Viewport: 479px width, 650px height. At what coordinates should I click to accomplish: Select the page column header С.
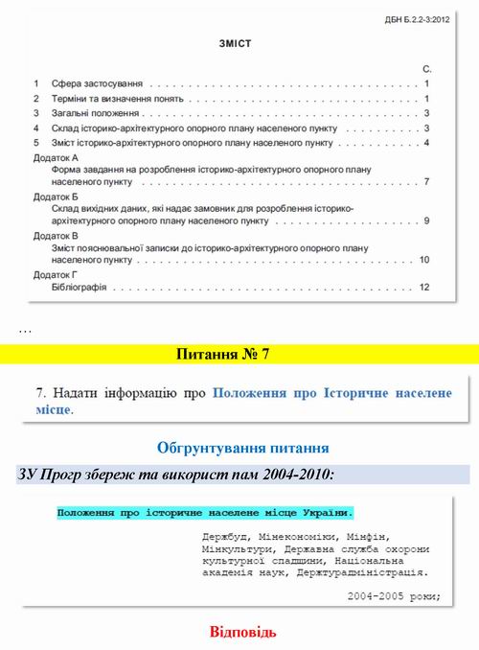point(426,71)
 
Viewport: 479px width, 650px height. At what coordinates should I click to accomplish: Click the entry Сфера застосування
point(88,84)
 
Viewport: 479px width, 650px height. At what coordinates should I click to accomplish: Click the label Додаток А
point(56,157)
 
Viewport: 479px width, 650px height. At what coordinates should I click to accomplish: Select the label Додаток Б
point(56,196)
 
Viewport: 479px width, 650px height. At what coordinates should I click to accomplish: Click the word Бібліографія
point(80,287)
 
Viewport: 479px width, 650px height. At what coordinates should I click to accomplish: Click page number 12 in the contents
point(423,287)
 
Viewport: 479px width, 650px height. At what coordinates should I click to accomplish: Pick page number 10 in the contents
point(423,260)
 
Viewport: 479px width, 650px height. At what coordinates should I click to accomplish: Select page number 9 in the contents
point(425,221)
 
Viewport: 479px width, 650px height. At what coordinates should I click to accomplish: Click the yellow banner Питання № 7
point(239,355)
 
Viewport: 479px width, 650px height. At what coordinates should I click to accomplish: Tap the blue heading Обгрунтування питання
point(241,447)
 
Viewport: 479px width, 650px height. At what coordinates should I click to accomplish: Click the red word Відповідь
point(243,632)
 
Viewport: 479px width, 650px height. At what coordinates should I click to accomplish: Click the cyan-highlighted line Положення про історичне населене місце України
point(204,513)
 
